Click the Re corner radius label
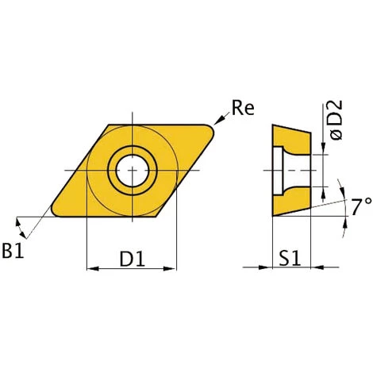[x=243, y=108]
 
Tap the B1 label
[x=13, y=250]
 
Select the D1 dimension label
[x=133, y=259]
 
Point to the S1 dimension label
[x=290, y=258]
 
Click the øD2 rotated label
[x=336, y=120]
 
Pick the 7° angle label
[x=361, y=206]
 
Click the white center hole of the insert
[x=133, y=171]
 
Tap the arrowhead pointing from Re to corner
[x=218, y=121]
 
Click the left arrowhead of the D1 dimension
[x=93, y=269]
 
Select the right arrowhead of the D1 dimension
[x=170, y=269]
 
